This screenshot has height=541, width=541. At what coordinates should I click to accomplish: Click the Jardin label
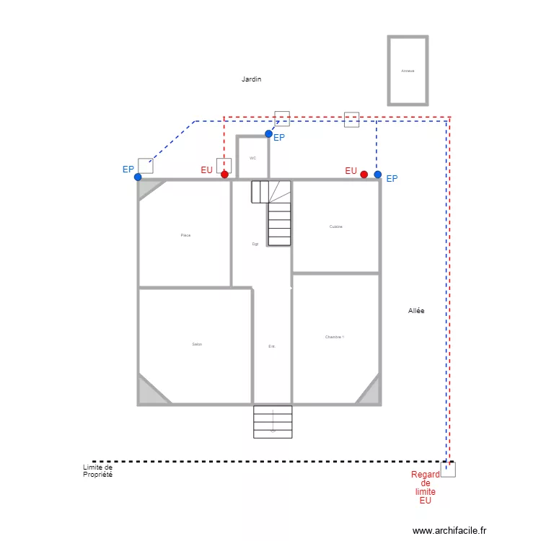[x=251, y=79]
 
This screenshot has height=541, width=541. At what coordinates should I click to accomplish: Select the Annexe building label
[x=408, y=71]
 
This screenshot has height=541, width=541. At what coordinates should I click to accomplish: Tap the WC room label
[x=252, y=158]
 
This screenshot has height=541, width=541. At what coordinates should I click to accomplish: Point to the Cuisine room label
[x=335, y=226]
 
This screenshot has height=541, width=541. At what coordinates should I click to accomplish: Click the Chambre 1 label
[x=334, y=337]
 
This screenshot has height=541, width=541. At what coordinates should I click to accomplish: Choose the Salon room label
[x=197, y=344]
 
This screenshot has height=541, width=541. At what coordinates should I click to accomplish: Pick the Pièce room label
[x=185, y=235]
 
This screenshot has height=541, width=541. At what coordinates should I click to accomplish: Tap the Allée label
[x=416, y=311]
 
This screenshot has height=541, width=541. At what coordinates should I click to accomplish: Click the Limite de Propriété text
[x=97, y=471]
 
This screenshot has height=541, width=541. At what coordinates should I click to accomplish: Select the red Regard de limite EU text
[x=425, y=487]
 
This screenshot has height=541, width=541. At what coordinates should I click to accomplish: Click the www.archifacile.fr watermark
[x=450, y=529]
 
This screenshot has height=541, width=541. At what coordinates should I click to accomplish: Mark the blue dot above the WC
[x=268, y=133]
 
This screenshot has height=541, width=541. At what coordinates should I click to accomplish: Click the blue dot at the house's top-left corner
[x=138, y=177]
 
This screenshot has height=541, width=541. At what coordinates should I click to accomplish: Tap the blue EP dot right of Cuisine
[x=377, y=175]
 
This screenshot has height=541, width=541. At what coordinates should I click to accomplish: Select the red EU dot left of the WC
[x=224, y=175]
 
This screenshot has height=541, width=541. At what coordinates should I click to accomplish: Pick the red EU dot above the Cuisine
[x=364, y=175]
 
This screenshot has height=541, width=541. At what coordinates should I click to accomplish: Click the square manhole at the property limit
[x=448, y=470]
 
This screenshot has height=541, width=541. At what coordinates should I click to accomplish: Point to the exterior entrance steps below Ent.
[x=273, y=422]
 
